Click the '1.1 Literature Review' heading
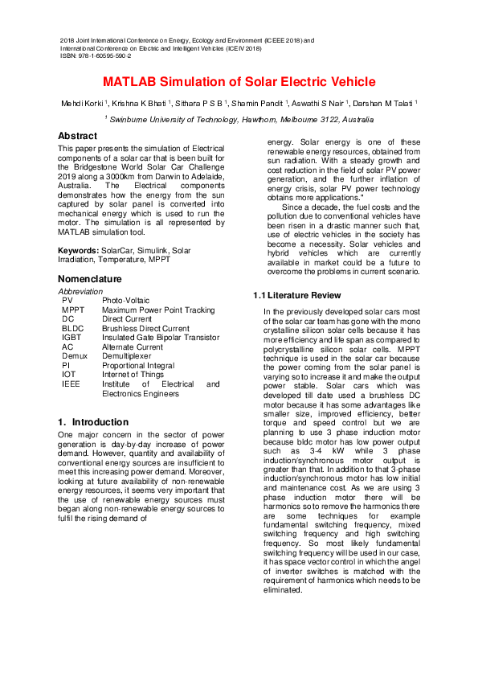pos(287,295)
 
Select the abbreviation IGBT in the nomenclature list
pos(71,338)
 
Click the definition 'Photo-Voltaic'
pos(126,300)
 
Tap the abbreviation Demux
pos(75,356)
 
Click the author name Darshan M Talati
pos(383,104)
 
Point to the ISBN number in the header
pos(96,56)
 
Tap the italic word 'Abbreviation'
pos(80,291)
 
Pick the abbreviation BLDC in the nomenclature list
pos(74,328)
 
